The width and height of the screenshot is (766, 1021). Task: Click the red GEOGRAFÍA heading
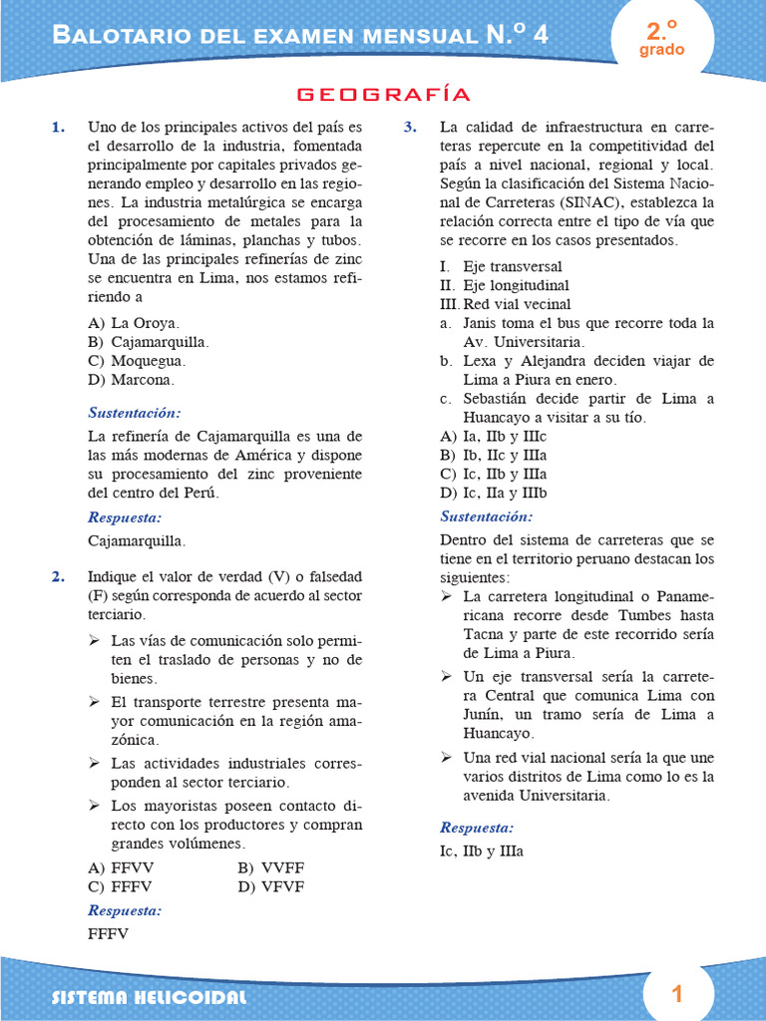point(383,95)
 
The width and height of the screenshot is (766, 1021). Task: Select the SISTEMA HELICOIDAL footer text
point(150,998)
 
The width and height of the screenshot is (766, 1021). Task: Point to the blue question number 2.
point(59,576)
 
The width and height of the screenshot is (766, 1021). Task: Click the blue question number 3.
point(410,127)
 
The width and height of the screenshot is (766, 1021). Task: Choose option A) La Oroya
point(134,323)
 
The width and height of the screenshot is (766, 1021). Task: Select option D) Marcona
point(132,380)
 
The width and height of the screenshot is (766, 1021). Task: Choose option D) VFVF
point(270,886)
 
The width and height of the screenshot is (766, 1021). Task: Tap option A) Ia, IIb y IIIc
point(493,437)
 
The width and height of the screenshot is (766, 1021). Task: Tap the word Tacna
point(485,634)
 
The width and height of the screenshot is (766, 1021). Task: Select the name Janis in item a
point(484,323)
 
